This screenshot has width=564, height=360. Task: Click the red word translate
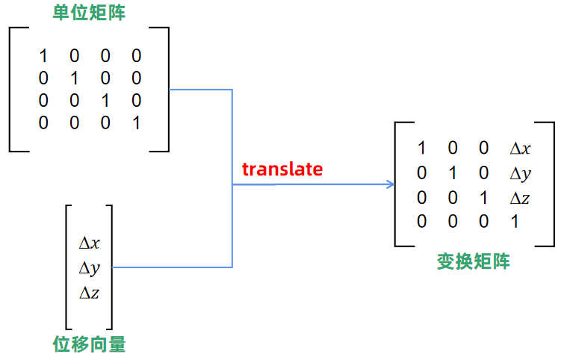(282, 170)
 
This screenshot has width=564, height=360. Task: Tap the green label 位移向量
(89, 344)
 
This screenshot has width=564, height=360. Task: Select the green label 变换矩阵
(474, 261)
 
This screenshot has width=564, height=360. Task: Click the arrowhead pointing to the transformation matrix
(391, 184)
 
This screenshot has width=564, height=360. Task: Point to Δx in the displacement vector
(90, 243)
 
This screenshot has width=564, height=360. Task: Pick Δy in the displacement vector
(90, 267)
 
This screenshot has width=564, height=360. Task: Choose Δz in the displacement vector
(90, 292)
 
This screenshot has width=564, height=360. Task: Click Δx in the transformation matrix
(520, 149)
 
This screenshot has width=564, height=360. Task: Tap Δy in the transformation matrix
(520, 173)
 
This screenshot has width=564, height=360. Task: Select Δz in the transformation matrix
(520, 198)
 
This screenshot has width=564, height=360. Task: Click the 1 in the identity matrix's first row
(43, 56)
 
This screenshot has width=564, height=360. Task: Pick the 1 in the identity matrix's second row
(74, 78)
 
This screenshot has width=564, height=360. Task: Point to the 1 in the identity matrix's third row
(105, 101)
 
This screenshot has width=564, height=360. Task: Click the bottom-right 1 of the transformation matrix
(514, 222)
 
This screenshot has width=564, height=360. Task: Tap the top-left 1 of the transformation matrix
(422, 149)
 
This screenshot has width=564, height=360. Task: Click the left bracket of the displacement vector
(68, 267)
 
